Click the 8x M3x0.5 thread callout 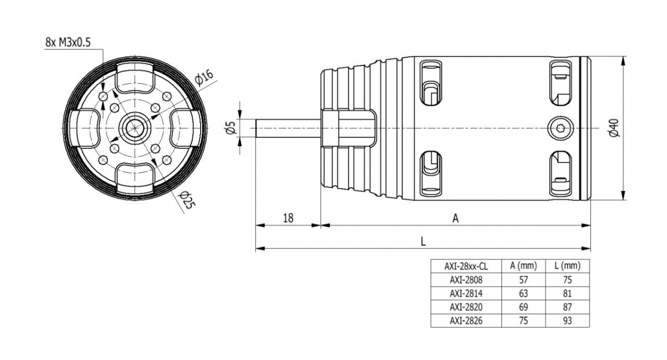68,42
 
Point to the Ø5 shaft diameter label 232,128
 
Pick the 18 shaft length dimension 288,218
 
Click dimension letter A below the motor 455,218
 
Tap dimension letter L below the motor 423,242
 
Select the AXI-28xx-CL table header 466,266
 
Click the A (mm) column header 523,266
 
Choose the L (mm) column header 567,266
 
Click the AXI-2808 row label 466,279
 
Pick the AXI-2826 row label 466,321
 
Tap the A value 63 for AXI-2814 523,293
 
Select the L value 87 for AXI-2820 567,307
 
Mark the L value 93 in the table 567,321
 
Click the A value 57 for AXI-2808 523,279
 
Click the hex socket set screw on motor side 558,128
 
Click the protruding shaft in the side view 286,128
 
